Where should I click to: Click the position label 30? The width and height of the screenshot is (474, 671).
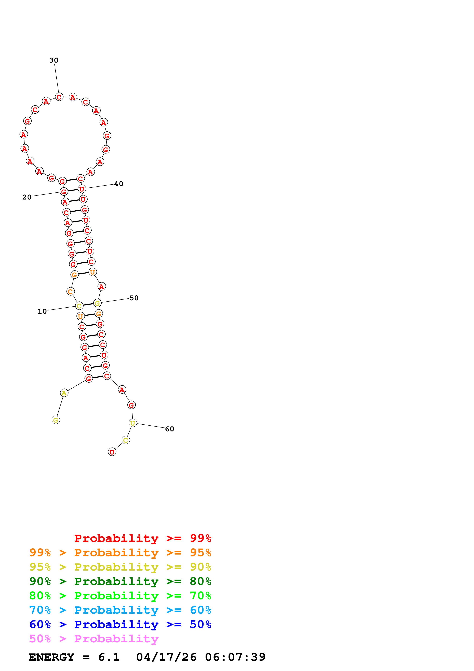click(54, 60)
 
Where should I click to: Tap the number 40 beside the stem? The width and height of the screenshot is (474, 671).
click(119, 184)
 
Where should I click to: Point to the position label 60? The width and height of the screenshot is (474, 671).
click(169, 429)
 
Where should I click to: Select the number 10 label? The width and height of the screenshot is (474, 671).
click(42, 312)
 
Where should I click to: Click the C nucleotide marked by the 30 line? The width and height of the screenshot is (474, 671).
click(59, 97)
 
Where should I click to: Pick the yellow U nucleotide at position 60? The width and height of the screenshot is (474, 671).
click(133, 423)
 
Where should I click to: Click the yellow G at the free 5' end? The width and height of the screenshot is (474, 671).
click(56, 420)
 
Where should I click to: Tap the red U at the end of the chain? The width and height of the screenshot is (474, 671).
click(112, 452)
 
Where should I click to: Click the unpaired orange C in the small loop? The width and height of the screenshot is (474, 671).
click(70, 291)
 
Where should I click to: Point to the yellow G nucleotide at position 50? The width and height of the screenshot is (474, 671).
click(97, 303)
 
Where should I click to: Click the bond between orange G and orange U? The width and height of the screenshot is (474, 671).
click(84, 274)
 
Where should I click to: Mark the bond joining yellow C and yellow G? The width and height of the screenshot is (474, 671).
click(88, 305)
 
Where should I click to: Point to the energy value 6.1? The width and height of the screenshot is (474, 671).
click(109, 657)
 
